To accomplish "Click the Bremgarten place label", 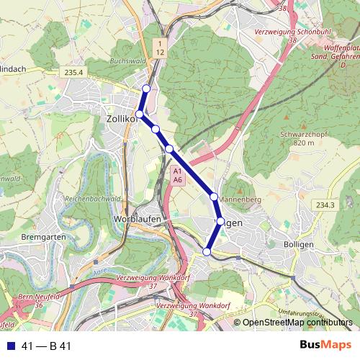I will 45,237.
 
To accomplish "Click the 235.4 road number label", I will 74,72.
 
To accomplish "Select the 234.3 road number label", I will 325,205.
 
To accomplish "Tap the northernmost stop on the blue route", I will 146,89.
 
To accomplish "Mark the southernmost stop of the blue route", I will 207,251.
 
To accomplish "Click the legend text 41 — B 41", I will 47,346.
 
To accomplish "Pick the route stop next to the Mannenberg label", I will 214,197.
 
